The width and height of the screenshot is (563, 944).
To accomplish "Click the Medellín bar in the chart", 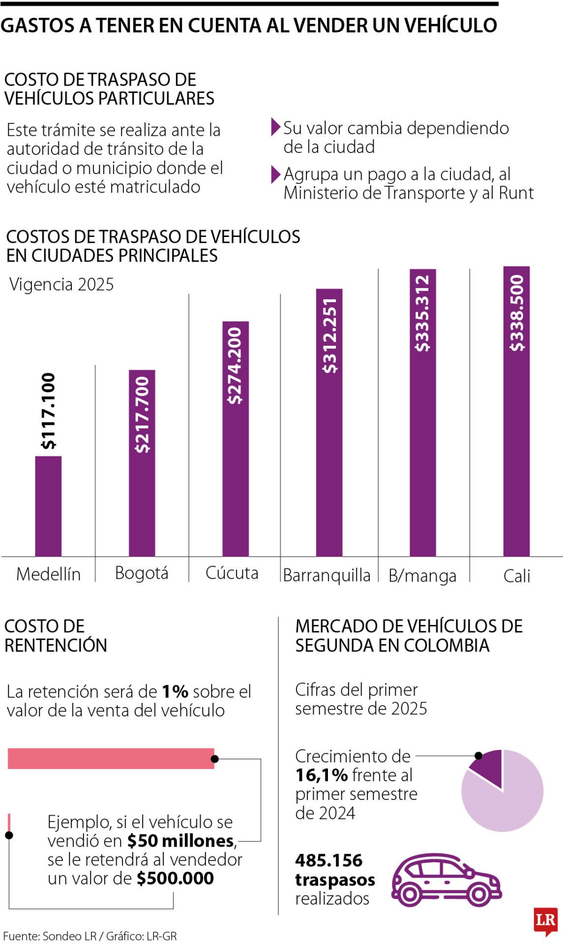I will [x=48, y=506].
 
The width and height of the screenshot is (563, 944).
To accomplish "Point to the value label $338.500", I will [x=517, y=313].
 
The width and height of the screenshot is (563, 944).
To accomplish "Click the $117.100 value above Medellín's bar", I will [x=48, y=411].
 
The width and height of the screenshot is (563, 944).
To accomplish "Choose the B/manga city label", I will [x=422, y=575].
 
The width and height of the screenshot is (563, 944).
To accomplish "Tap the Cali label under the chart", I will [x=517, y=575].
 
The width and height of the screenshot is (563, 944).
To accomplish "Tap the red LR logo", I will [x=545, y=920].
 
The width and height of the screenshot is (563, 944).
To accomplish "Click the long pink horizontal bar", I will [x=111, y=758].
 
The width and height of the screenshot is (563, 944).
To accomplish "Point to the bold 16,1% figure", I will [x=322, y=775].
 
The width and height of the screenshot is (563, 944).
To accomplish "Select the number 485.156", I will [x=328, y=860].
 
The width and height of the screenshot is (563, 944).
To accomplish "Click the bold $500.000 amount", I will [x=176, y=878].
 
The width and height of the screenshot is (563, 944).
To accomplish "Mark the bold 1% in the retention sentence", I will [x=175, y=692].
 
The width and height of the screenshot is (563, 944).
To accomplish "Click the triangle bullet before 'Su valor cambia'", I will [x=275, y=127].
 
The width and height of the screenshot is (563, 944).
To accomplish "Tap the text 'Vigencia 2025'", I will [x=61, y=284].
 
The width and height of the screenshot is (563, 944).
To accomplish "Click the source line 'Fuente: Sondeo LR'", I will [x=49, y=936].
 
